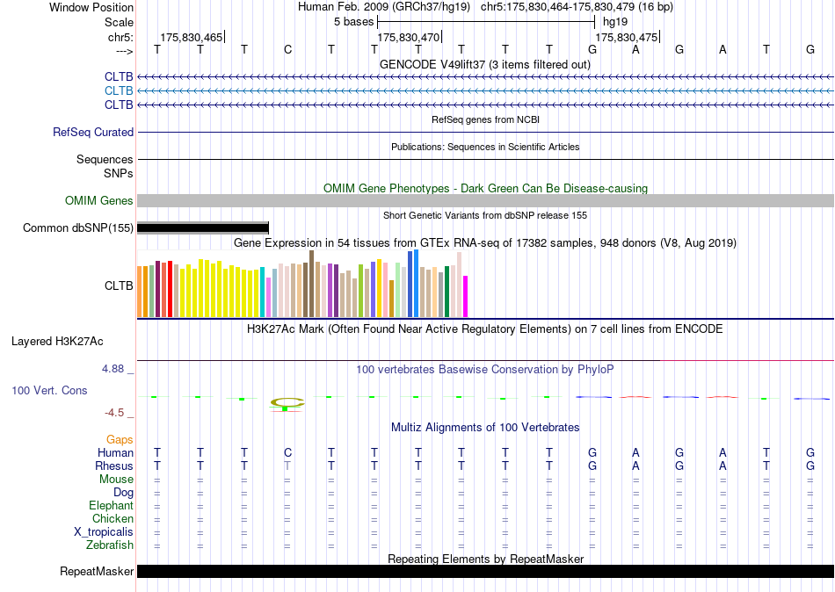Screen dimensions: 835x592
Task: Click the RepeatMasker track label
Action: coord(97,571)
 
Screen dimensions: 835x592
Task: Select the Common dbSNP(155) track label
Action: coord(77,227)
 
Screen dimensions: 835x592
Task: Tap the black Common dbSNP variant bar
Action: coord(203,228)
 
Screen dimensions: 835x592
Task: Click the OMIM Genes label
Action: coord(98,201)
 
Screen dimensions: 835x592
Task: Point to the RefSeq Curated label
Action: coord(92,132)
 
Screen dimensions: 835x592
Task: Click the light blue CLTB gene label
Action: coord(119,90)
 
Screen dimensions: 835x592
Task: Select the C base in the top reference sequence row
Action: coord(287,49)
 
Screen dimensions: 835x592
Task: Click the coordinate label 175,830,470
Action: coord(409,37)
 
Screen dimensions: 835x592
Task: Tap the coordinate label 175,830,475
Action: coord(626,37)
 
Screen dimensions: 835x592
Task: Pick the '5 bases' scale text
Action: coord(353,22)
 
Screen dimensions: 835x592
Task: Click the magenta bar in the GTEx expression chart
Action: coord(466,297)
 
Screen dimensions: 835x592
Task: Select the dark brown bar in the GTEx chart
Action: coord(311,284)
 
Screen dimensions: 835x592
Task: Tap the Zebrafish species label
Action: coord(110,545)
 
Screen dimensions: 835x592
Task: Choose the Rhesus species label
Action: coord(114,466)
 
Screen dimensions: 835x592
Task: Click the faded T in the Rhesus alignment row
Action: coord(287,466)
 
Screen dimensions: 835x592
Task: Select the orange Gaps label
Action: coord(120,440)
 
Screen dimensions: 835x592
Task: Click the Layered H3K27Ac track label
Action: coord(57,342)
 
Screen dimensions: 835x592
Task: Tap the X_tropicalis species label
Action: coord(104,532)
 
